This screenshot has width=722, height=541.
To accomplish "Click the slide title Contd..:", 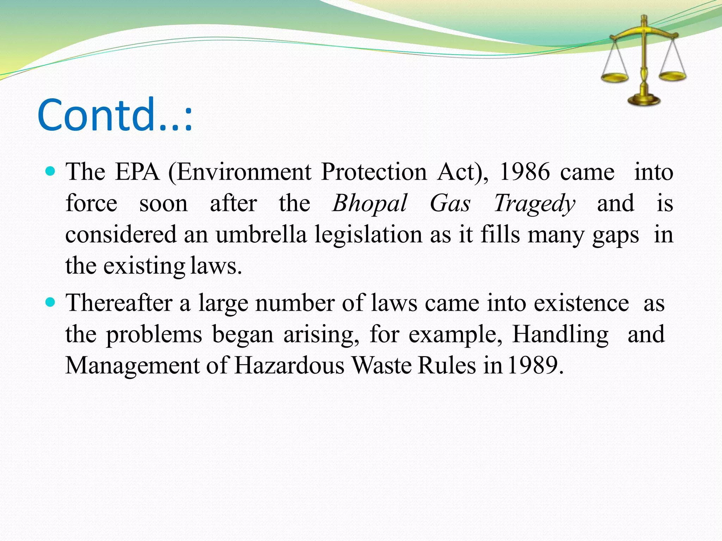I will [115, 115].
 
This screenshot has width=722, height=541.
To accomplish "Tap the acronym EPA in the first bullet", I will [137, 172].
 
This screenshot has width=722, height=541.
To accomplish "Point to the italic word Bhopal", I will [369, 204].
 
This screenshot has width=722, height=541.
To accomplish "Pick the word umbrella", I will [261, 235].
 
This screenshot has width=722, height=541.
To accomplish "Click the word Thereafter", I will [119, 303].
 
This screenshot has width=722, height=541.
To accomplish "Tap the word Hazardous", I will [289, 365].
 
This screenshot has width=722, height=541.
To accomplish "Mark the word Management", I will [133, 366].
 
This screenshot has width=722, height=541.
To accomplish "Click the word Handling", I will [560, 335].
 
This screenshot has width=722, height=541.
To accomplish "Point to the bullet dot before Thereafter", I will [51, 302].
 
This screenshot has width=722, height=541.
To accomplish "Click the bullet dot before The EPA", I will [51, 172].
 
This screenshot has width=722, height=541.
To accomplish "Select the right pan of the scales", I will [673, 75].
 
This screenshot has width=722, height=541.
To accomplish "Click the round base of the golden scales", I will [644, 100].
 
